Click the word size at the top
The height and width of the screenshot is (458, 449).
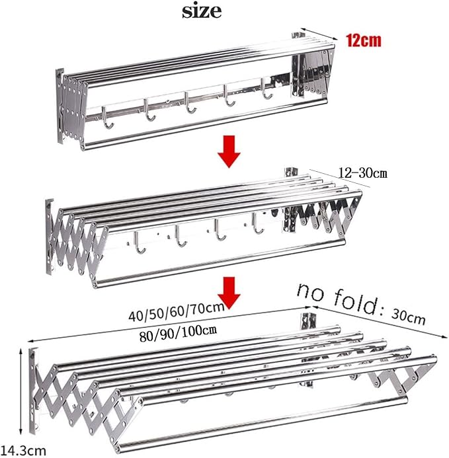pos(202,11)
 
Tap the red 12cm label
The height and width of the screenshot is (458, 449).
pos(364,40)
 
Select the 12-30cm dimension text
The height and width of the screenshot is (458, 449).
pos(363,173)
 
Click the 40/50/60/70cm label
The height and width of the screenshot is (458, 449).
pos(177,312)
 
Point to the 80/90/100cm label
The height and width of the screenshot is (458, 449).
pos(178,333)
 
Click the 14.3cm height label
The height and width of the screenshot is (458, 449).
pos(23,450)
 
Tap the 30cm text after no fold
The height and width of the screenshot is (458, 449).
pos(409,317)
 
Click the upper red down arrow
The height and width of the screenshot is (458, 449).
pos(229,151)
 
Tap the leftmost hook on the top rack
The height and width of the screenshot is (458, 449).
pos(107,118)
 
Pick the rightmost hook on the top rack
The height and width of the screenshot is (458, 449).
pos(266,89)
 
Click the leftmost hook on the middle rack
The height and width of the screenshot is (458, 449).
pos(140,243)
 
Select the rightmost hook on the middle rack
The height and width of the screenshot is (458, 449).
pos(257,224)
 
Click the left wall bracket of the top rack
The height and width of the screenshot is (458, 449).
pos(60,106)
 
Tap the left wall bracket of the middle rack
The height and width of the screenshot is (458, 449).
pos(50,237)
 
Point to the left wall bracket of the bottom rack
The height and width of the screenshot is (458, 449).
pos(33,391)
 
